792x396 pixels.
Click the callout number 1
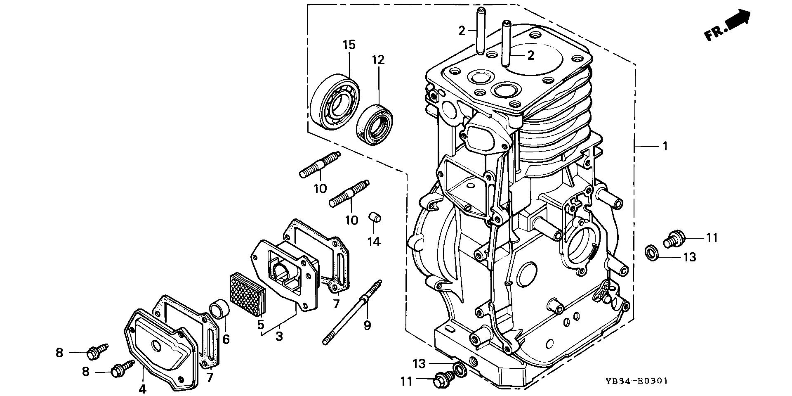pyautogui.click(x=665, y=146)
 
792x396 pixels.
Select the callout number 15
pyautogui.click(x=349, y=45)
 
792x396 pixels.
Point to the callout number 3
pyautogui.click(x=279, y=337)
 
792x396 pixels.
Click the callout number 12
pyautogui.click(x=378, y=60)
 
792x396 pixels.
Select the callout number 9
pyautogui.click(x=367, y=325)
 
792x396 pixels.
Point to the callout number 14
pyautogui.click(x=374, y=242)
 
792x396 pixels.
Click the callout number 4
pyautogui.click(x=143, y=389)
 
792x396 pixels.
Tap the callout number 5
pyautogui.click(x=260, y=325)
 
